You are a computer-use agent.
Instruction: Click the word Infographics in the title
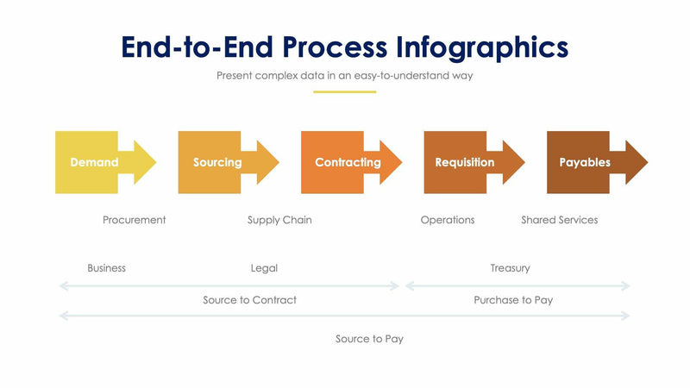click(x=483, y=47)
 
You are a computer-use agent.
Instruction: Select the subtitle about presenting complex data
click(x=345, y=76)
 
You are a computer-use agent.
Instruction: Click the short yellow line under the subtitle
click(x=345, y=91)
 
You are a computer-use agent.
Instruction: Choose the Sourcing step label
click(x=217, y=162)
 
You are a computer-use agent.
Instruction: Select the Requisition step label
click(x=464, y=162)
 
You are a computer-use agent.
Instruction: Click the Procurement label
click(x=134, y=220)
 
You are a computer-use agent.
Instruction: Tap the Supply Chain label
click(x=279, y=220)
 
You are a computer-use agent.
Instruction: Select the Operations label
click(x=448, y=220)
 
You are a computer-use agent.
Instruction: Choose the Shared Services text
click(x=559, y=220)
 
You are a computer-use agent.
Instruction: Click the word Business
click(x=106, y=268)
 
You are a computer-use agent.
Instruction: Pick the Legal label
click(x=264, y=268)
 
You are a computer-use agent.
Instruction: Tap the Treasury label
click(x=510, y=268)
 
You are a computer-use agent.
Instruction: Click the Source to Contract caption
click(x=249, y=300)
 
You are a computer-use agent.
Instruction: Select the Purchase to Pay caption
click(x=513, y=300)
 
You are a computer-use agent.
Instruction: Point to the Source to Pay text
click(x=369, y=339)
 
